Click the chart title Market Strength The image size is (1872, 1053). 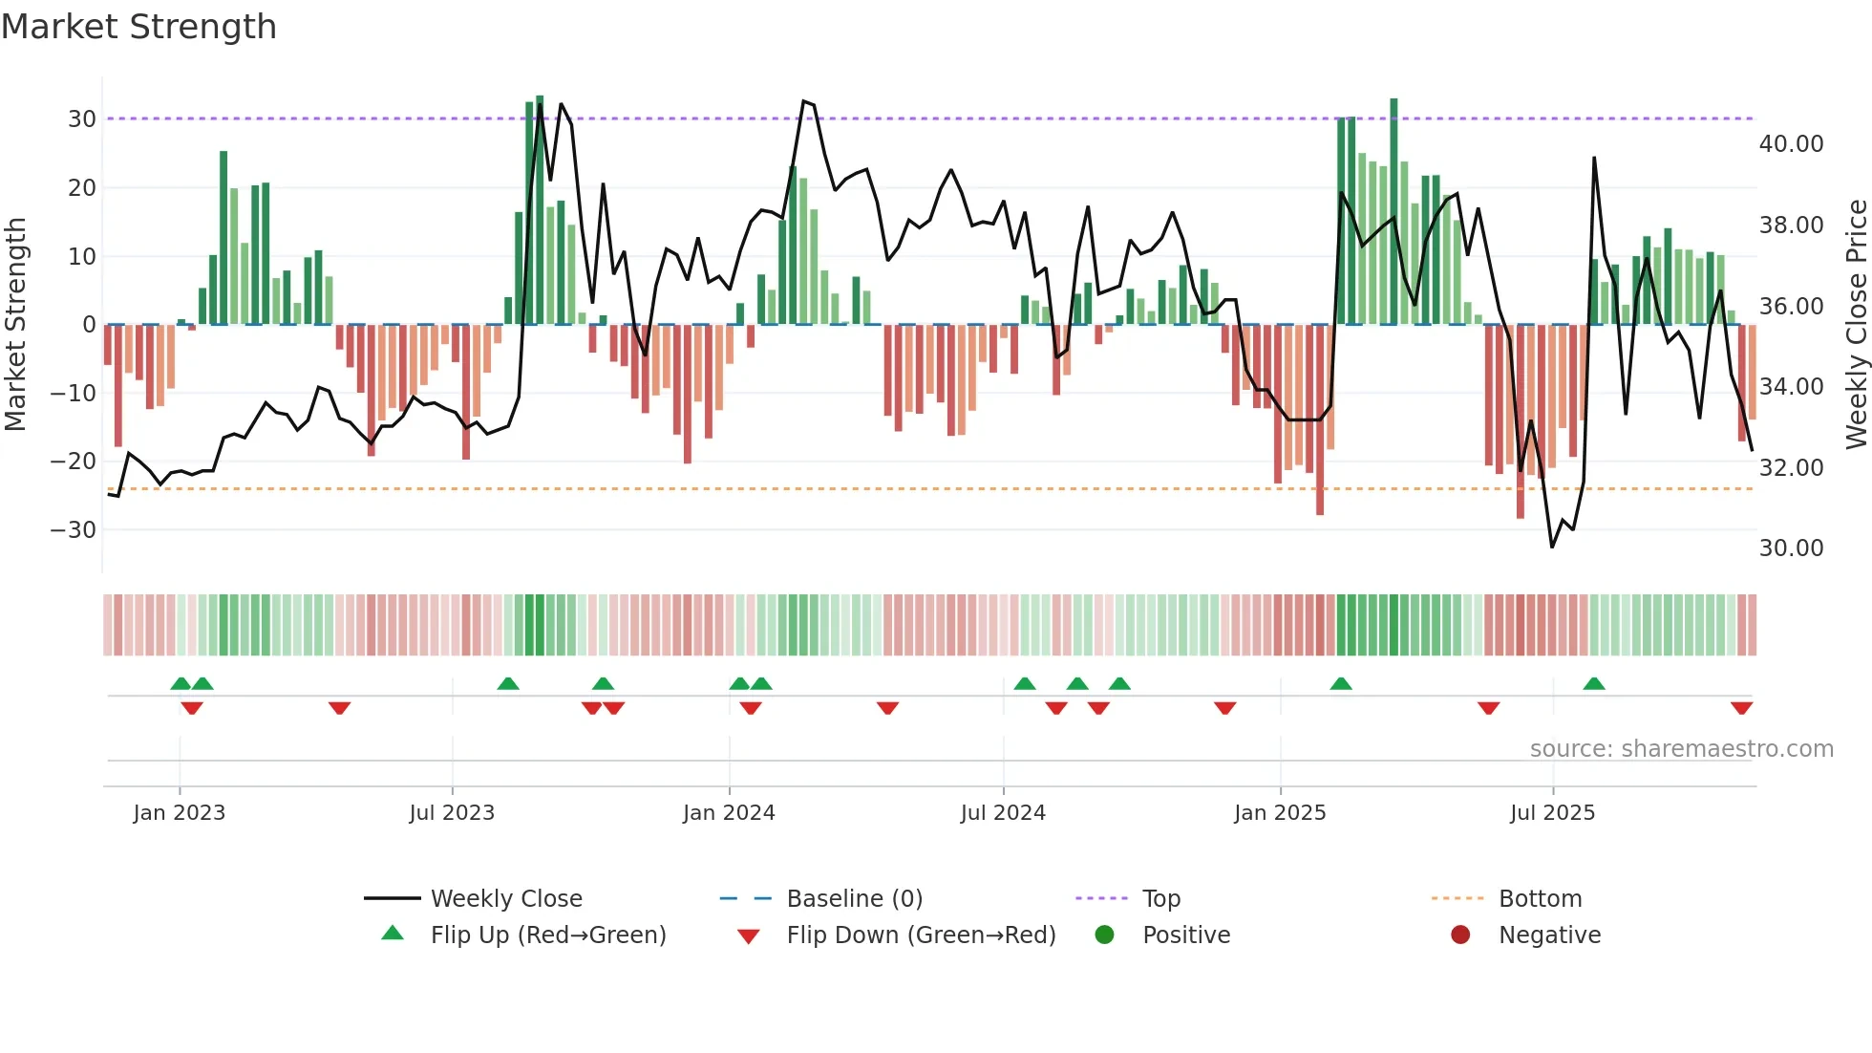pos(138,27)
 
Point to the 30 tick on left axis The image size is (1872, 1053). pos(82,119)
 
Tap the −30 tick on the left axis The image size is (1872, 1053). pos(74,530)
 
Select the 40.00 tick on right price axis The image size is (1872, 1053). pos(1791,144)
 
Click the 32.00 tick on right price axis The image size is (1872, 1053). pos(1791,468)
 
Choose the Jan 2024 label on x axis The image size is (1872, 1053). pos(729,813)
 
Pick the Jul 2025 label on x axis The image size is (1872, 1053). pos(1552,813)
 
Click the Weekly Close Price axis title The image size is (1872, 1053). pos(1856,325)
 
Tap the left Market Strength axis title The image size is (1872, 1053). pos(15,325)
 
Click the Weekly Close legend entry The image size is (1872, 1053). pos(506,899)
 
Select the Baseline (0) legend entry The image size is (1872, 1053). pos(854,899)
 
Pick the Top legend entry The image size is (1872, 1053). pos(1161,899)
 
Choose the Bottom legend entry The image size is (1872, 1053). pos(1540,899)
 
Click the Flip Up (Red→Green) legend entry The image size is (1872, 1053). pos(547,935)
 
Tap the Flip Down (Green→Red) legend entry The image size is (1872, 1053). pos(921,935)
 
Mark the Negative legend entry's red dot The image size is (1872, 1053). pos(1460,935)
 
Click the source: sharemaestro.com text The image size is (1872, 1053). pos(1681,749)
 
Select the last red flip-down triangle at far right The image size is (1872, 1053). pos(1741,708)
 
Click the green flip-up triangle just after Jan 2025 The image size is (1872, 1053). pos(1341,684)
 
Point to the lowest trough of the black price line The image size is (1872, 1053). pos(1552,547)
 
